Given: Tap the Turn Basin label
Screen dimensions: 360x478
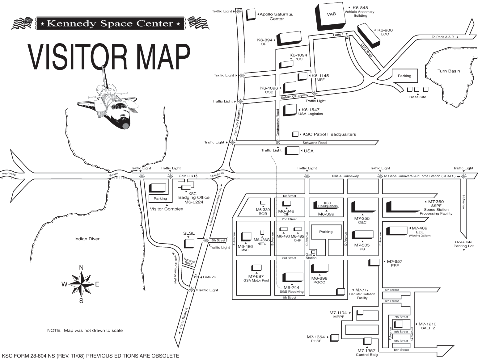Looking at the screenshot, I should tap(448, 71).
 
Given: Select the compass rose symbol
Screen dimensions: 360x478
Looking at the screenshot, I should tap(81, 284).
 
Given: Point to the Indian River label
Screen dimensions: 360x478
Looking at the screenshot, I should tap(87, 239).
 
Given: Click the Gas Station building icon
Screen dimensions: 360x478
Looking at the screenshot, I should tap(313, 252).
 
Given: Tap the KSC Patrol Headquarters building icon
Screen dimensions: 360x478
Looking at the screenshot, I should tap(296, 134).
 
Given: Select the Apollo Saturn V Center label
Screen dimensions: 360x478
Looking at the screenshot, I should tap(277, 16).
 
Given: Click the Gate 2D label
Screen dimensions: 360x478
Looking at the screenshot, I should tap(209, 277).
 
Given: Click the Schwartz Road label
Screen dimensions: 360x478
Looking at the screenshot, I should tap(314, 143).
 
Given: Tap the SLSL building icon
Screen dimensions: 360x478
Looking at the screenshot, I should tap(189, 243).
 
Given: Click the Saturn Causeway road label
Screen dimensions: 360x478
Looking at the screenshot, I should tap(294, 97).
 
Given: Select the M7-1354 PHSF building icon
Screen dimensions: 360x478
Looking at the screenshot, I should tap(334, 337).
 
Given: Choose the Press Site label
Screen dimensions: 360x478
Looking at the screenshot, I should tap(417, 97).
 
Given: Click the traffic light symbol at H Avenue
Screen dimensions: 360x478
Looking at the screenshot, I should tap(463, 176).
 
